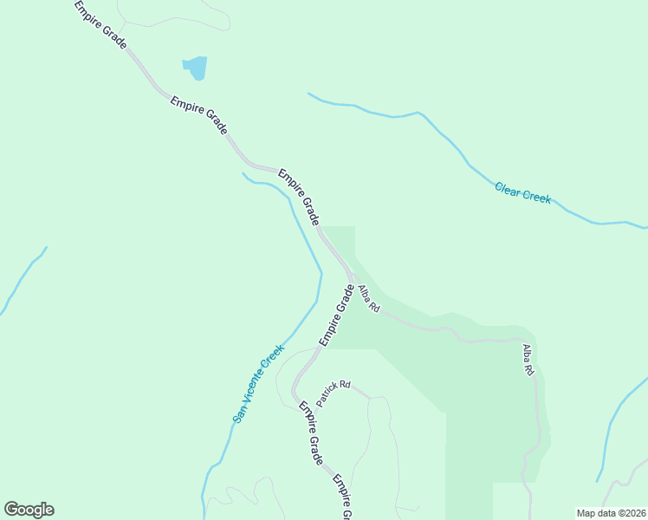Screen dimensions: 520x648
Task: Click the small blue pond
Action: (195, 68)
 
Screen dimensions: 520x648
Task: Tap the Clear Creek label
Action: (522, 192)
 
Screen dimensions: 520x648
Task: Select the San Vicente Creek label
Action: (258, 383)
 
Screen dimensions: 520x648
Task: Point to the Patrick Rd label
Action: (333, 394)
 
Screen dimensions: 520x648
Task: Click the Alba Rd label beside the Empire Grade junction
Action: (369, 297)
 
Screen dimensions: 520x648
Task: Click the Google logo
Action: (29, 510)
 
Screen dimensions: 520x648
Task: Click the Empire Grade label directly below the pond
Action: (198, 114)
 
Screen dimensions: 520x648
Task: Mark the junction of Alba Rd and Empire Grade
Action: (351, 277)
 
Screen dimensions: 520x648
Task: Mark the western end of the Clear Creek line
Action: (308, 93)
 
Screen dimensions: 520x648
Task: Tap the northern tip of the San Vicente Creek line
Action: (243, 173)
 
